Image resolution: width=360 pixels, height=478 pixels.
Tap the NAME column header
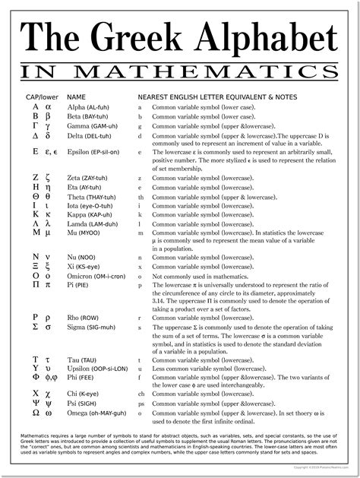(77, 98)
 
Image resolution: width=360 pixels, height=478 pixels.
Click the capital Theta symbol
(36, 196)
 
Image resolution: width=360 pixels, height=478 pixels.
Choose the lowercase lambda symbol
(49, 225)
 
